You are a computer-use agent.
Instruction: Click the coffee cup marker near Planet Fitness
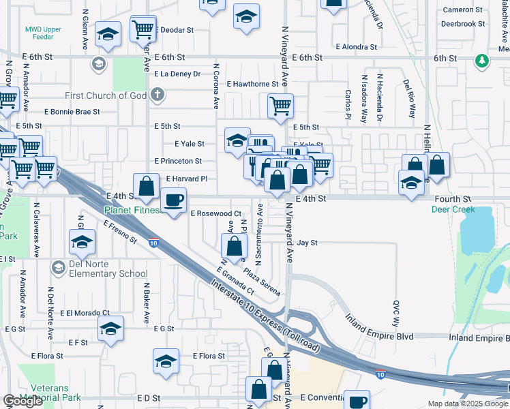[x=173, y=200]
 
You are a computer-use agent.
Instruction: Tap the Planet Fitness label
[x=133, y=210]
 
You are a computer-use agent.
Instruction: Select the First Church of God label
[x=106, y=95]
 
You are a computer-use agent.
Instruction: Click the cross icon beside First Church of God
[x=157, y=95]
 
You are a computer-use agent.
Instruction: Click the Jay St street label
[x=307, y=243]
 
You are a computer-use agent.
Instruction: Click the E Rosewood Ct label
[x=215, y=213]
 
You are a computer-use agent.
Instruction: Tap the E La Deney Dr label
[x=177, y=74]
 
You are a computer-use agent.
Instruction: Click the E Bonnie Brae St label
[x=72, y=111]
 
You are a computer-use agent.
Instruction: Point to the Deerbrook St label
[x=462, y=23]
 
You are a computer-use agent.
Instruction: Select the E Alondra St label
[x=356, y=47]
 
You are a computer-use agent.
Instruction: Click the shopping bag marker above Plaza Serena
[x=234, y=246]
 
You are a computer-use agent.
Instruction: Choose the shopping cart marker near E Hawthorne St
[x=280, y=106]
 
